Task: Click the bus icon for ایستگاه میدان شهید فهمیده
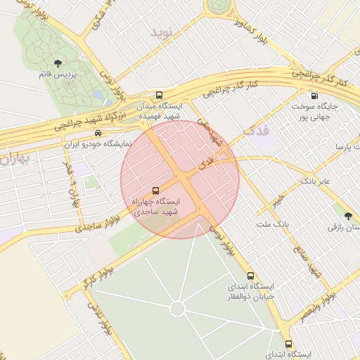tap(159, 95)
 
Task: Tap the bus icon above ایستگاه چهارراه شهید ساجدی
tap(155, 191)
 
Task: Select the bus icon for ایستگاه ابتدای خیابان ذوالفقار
tap(251, 276)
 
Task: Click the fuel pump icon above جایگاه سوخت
tap(314, 96)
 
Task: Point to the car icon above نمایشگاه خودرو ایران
tap(98, 133)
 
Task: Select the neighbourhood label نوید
tap(161, 33)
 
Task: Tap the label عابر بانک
tap(319, 181)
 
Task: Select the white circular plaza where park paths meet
tap(177, 308)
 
